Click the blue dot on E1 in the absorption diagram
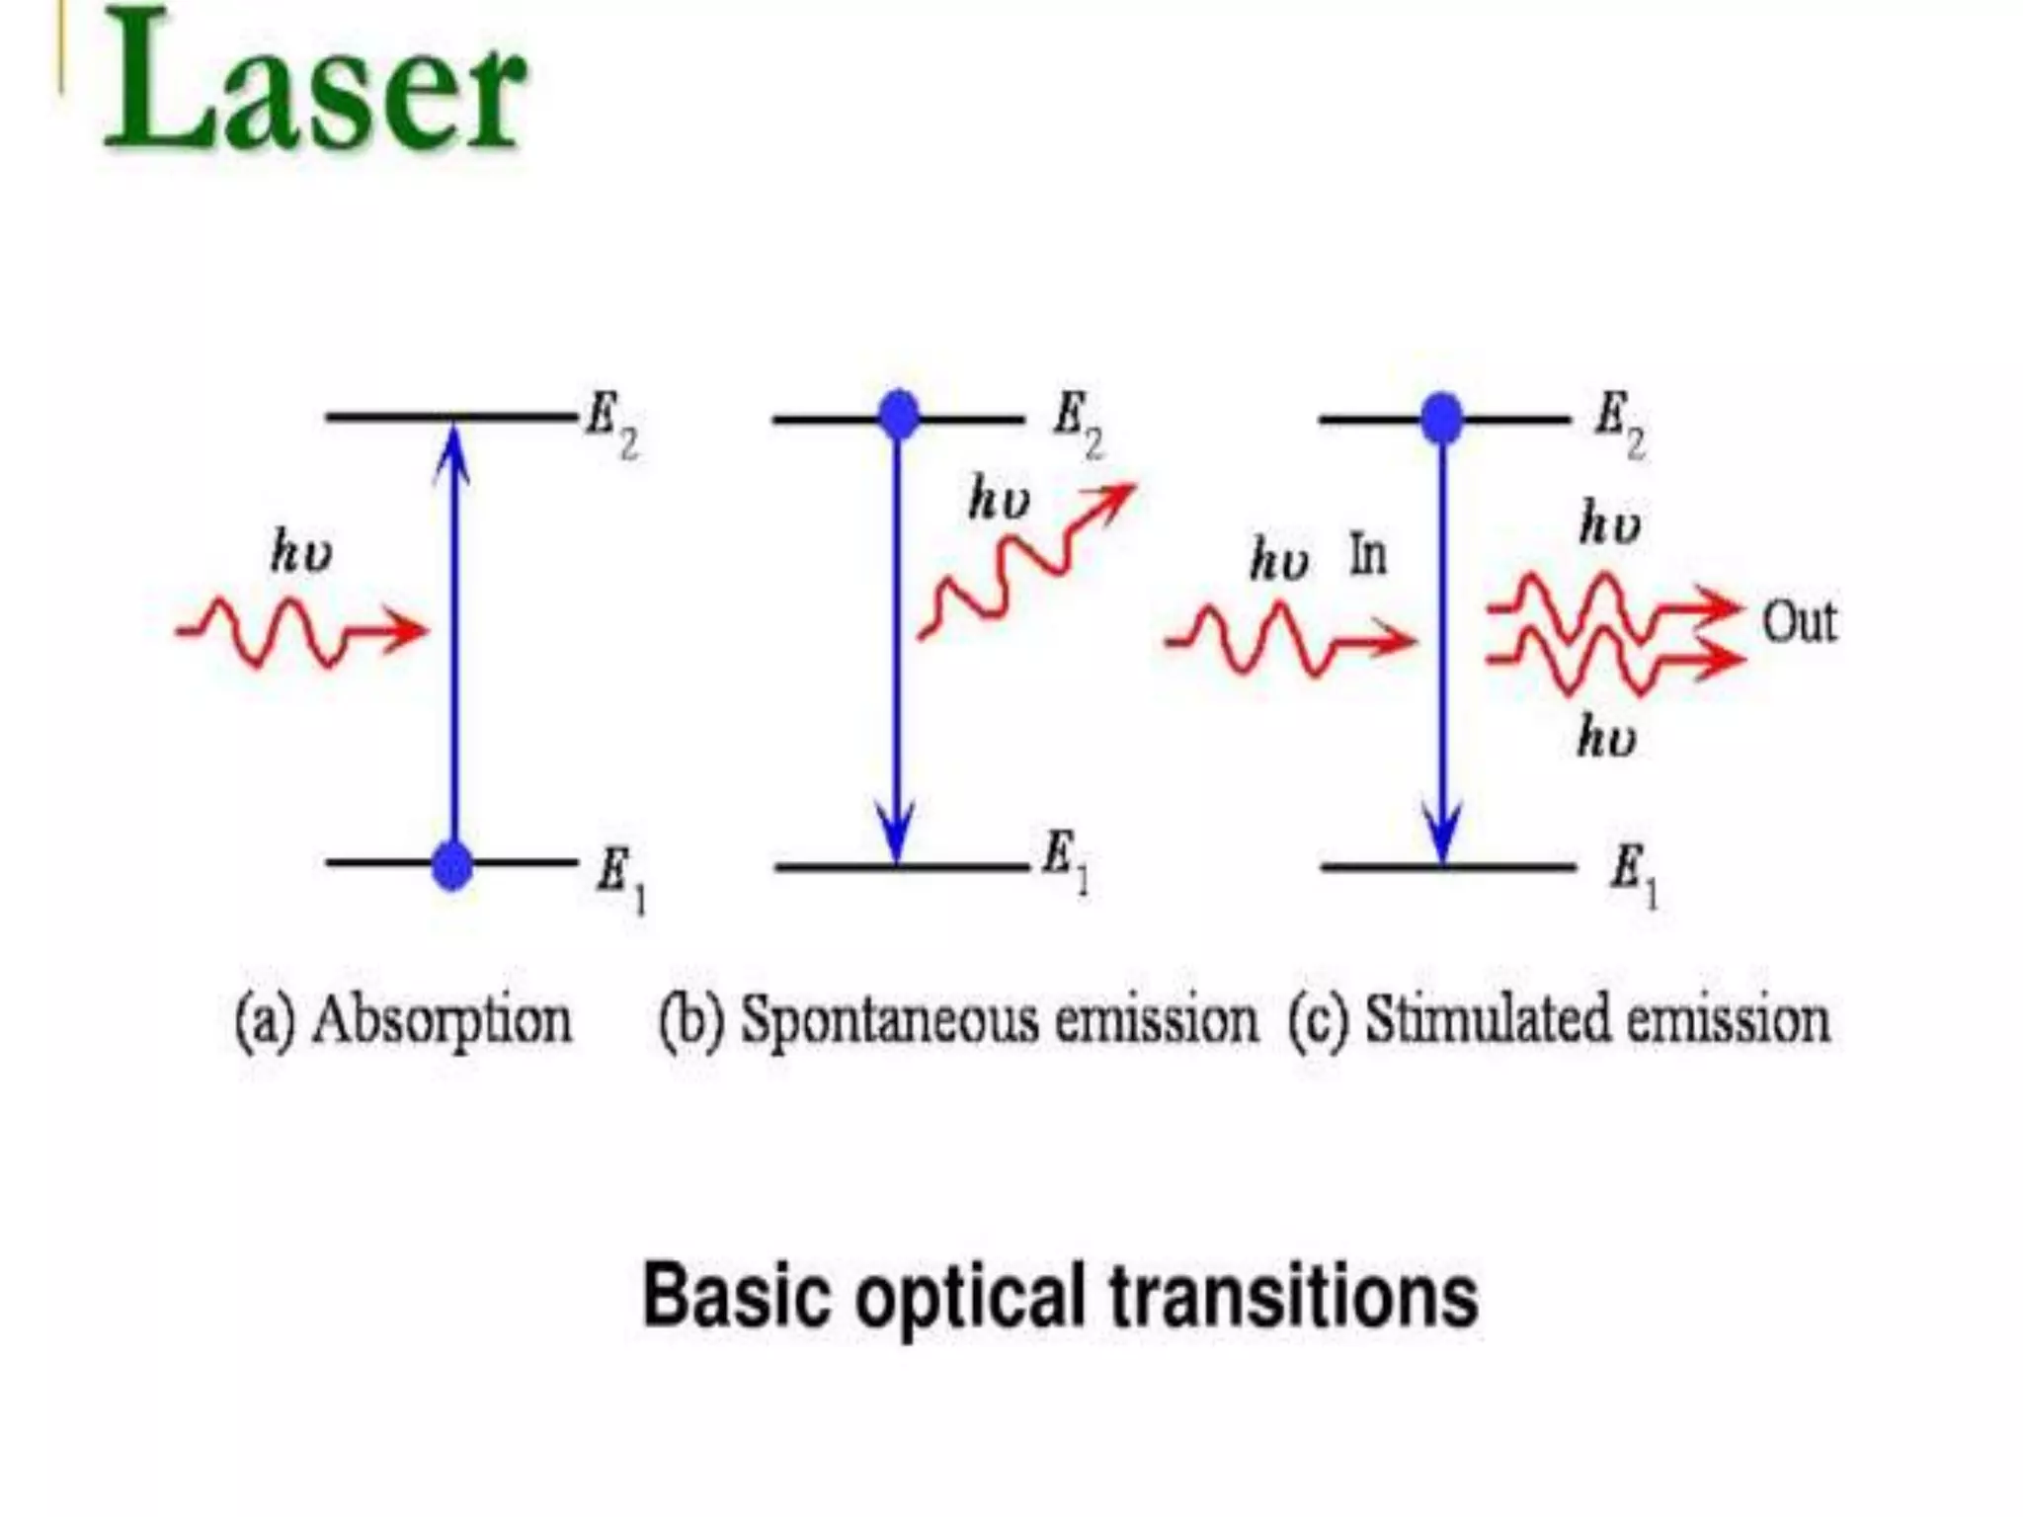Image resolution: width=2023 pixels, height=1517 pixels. coord(452,865)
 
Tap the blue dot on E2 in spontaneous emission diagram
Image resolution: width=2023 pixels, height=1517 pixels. coord(898,415)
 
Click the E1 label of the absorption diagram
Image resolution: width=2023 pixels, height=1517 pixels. coord(620,879)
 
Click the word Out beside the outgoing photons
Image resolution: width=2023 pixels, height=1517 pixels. coord(1799,623)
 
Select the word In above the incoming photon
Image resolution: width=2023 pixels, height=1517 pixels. coord(1368,556)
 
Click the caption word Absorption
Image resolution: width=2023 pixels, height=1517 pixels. coord(442,1020)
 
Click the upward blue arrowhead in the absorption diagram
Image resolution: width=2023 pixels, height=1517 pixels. coord(452,449)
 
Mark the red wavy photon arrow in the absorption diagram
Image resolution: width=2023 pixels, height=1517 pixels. coord(301,631)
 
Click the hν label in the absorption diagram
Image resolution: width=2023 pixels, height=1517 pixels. coord(301,551)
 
